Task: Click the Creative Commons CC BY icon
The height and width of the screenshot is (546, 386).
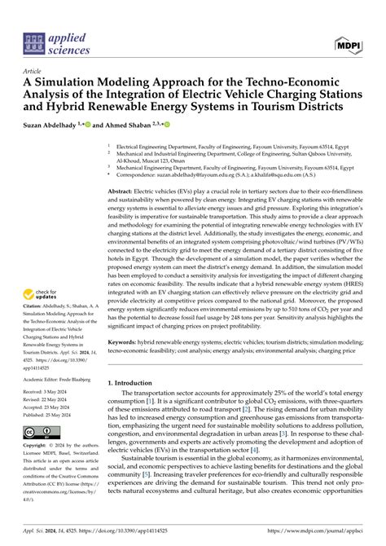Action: click(41, 430)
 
